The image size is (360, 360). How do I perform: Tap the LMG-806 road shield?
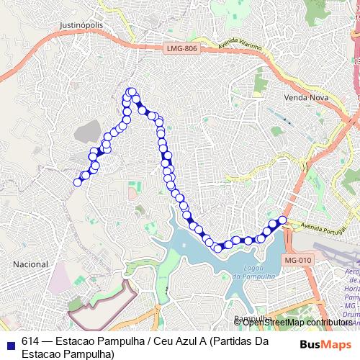pyautogui.click(x=181, y=48)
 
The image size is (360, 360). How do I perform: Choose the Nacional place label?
pyautogui.click(x=31, y=264)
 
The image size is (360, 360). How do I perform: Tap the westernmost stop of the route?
pyautogui.click(x=78, y=181)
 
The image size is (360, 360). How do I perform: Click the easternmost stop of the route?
pyautogui.click(x=282, y=220)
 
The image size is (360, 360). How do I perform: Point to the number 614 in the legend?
pyautogui.click(x=31, y=341)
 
